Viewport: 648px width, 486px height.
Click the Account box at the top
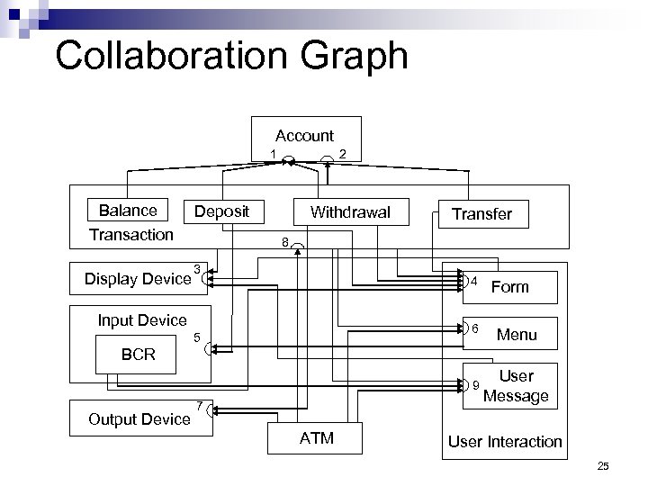pos(306,136)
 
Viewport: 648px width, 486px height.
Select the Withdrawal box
pos(350,212)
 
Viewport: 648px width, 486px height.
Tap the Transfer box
pos(481,213)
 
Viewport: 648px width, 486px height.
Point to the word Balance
pos(127,211)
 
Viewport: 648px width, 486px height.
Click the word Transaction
pos(131,234)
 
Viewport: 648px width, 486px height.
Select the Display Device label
pos(137,278)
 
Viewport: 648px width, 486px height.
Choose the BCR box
pos(138,355)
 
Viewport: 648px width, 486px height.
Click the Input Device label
pos(142,320)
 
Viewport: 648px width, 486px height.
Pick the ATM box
pos(315,438)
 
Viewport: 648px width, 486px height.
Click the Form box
pos(510,287)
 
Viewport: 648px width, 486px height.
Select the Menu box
pos(517,335)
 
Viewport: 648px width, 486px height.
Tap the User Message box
pos(516,386)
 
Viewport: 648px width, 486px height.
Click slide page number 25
pos(604,465)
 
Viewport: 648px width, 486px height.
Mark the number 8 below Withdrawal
pos(284,242)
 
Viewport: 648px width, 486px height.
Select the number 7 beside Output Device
pos(199,402)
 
